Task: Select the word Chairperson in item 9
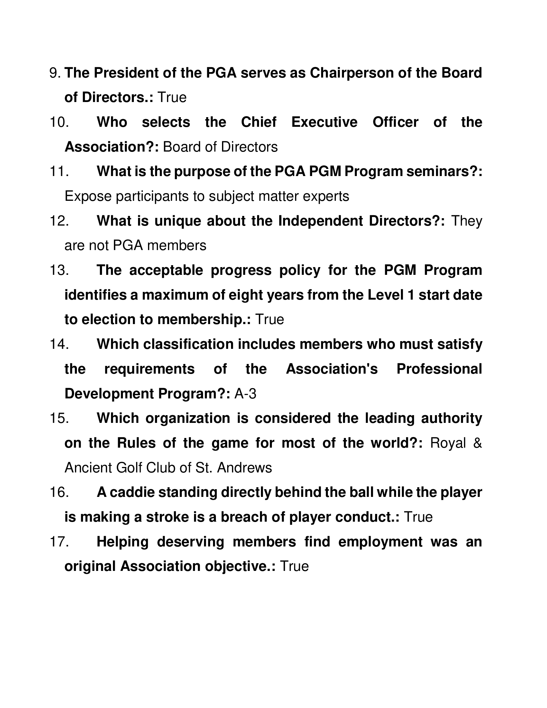[x=352, y=73]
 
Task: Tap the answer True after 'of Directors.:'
[x=172, y=98]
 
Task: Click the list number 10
[x=59, y=123]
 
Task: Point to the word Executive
[x=324, y=123]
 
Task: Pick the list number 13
[x=59, y=270]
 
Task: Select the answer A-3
[x=245, y=394]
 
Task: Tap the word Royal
[x=448, y=443]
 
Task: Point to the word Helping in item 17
[x=123, y=542]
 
